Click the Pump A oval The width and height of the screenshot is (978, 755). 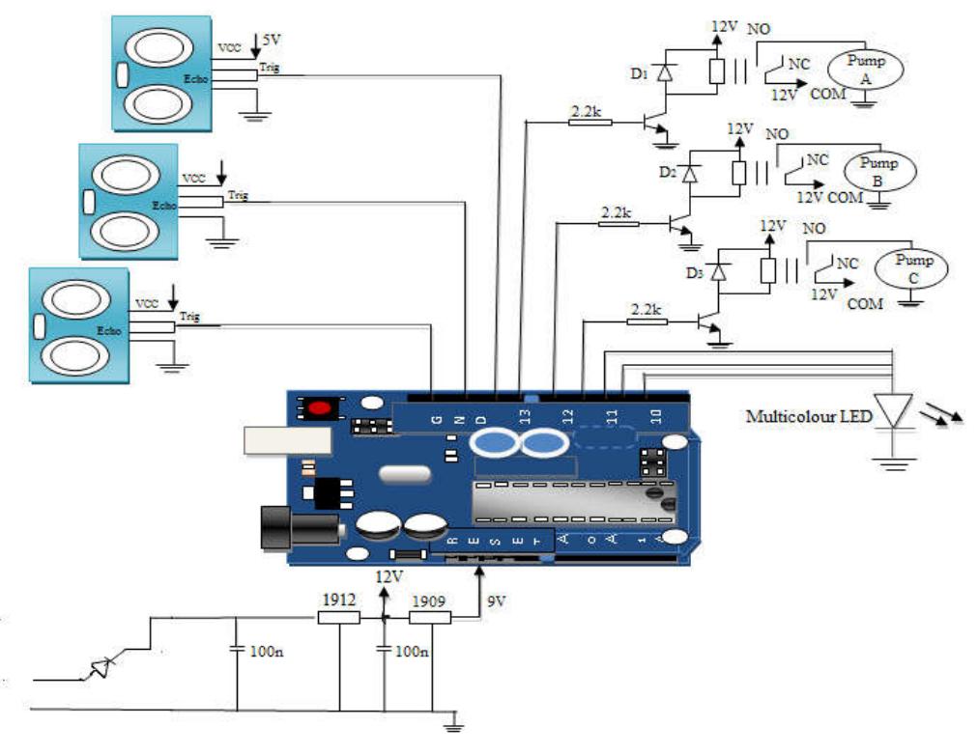865,69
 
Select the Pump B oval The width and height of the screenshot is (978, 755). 878,171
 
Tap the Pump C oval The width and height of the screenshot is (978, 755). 911,267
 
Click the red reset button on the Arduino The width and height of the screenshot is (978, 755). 318,408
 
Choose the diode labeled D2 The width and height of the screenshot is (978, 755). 689,173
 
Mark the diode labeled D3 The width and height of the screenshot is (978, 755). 719,273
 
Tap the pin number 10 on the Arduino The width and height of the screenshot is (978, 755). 656,416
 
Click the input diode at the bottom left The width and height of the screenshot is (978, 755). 101,665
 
